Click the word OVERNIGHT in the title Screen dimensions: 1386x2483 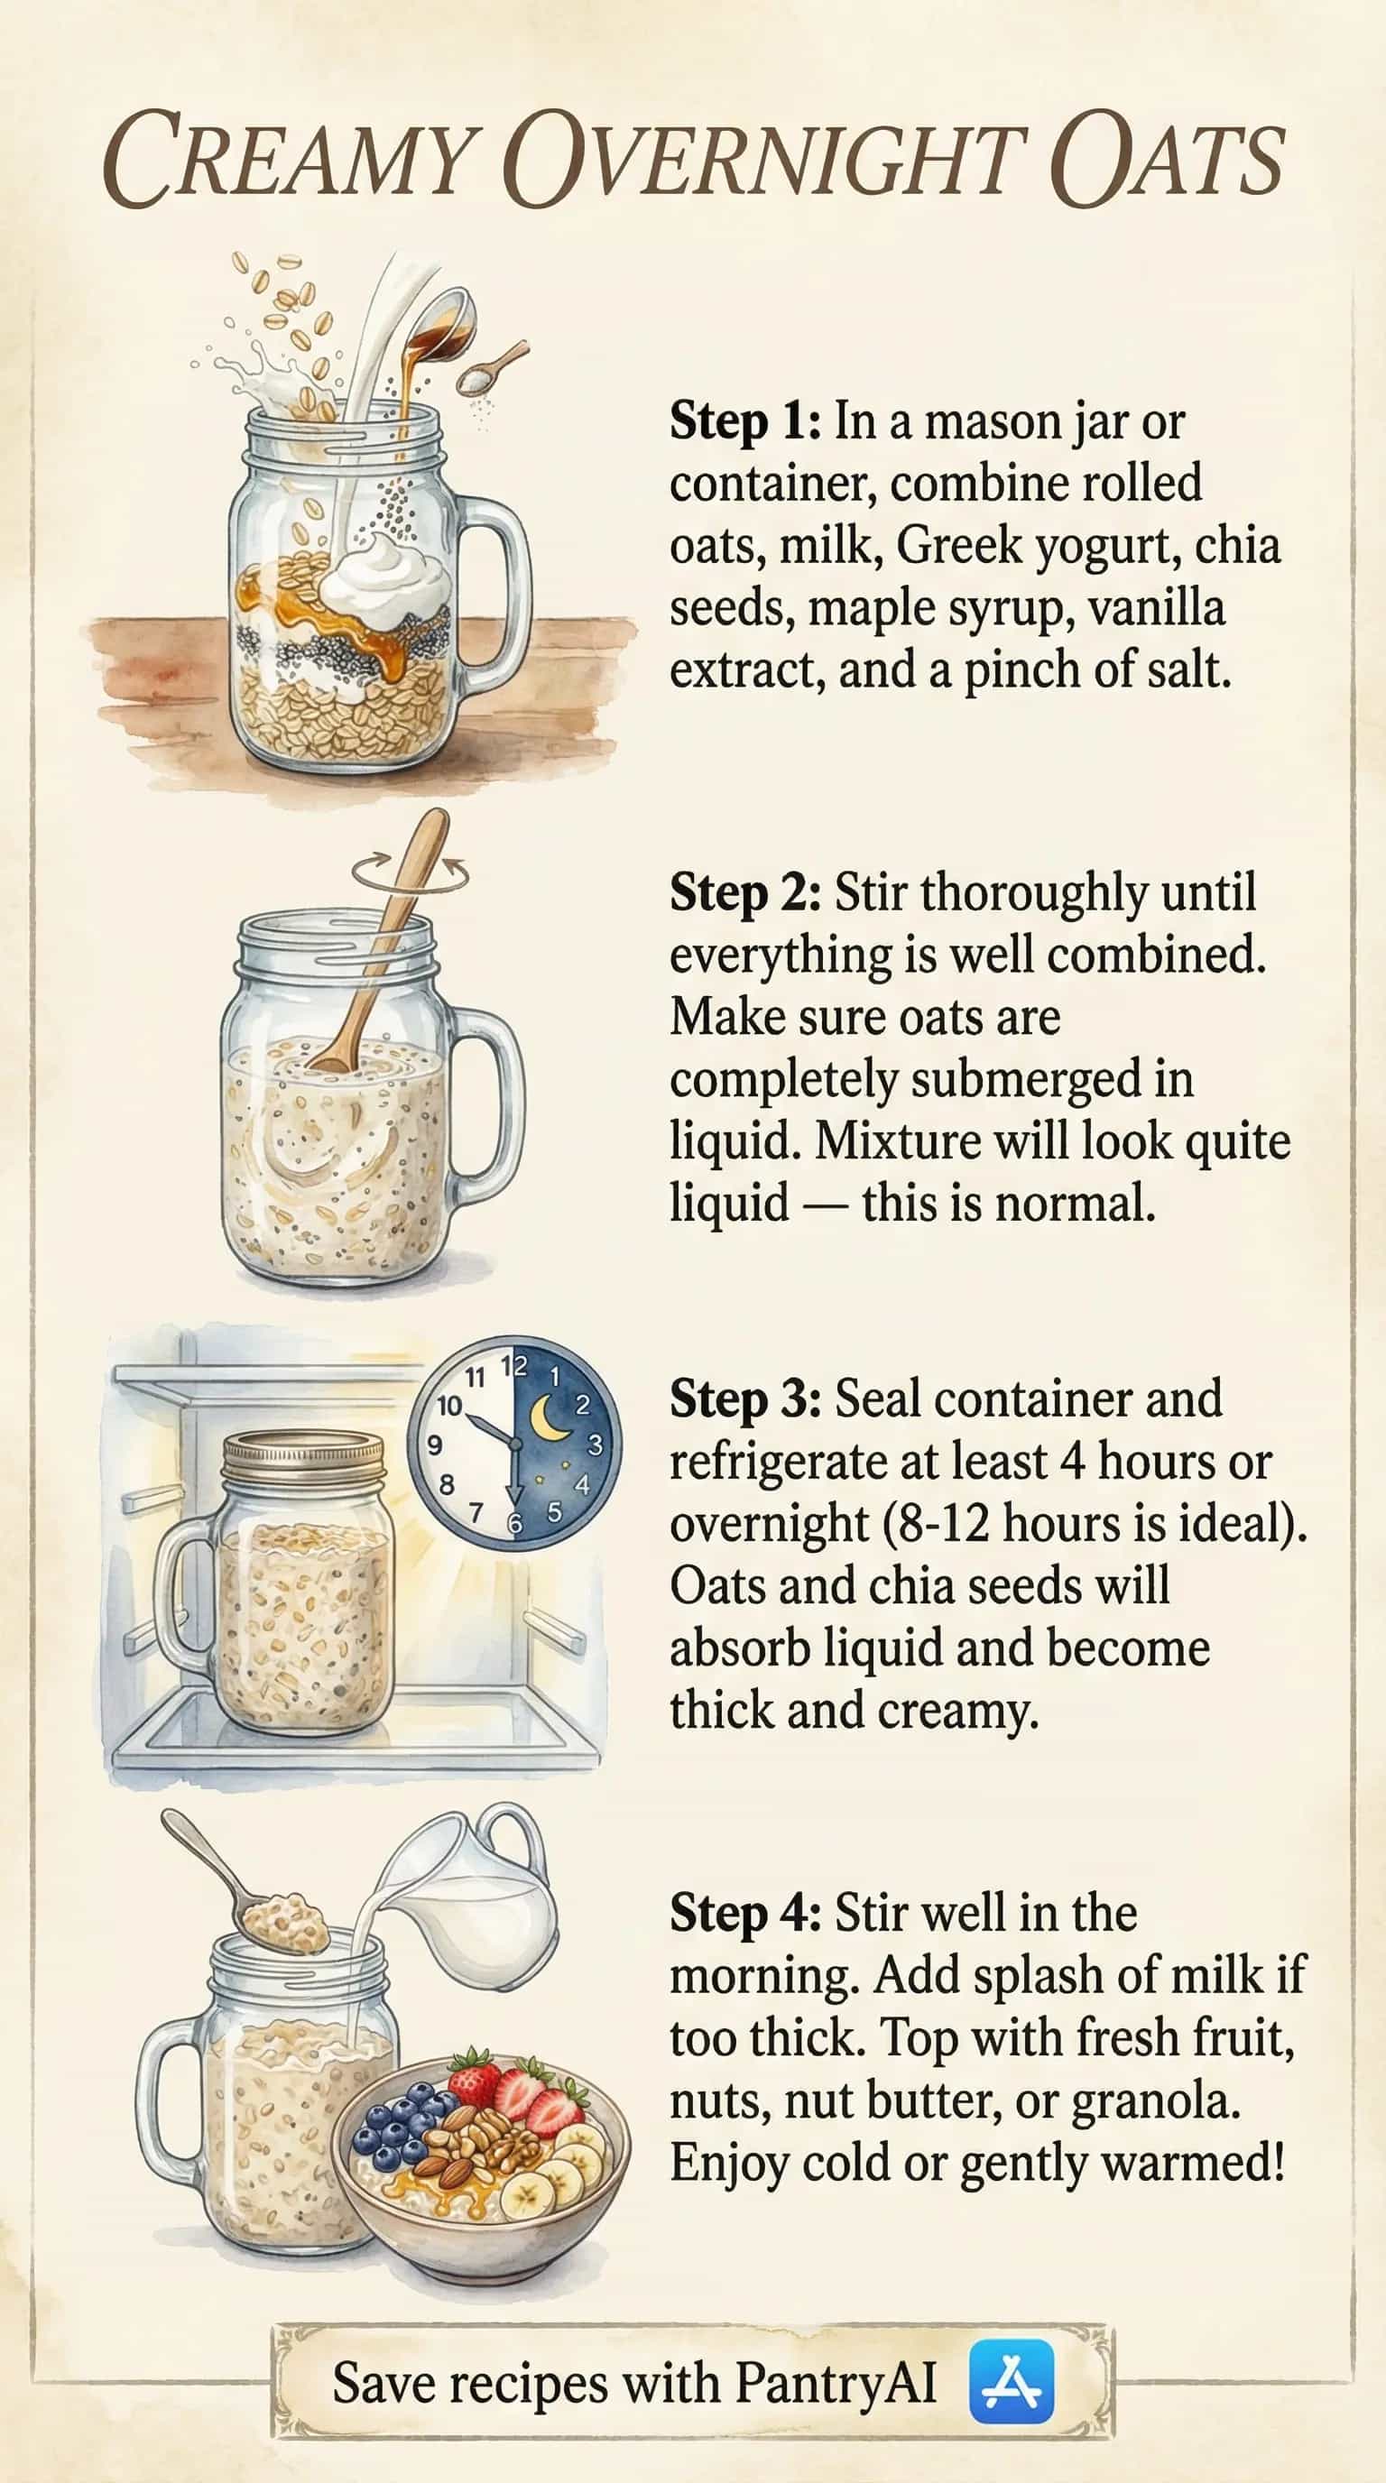point(763,160)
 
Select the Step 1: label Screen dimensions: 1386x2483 point(745,422)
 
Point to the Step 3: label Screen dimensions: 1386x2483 point(745,1399)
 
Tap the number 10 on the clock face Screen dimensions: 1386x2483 point(449,1407)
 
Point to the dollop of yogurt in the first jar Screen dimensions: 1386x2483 point(385,581)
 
